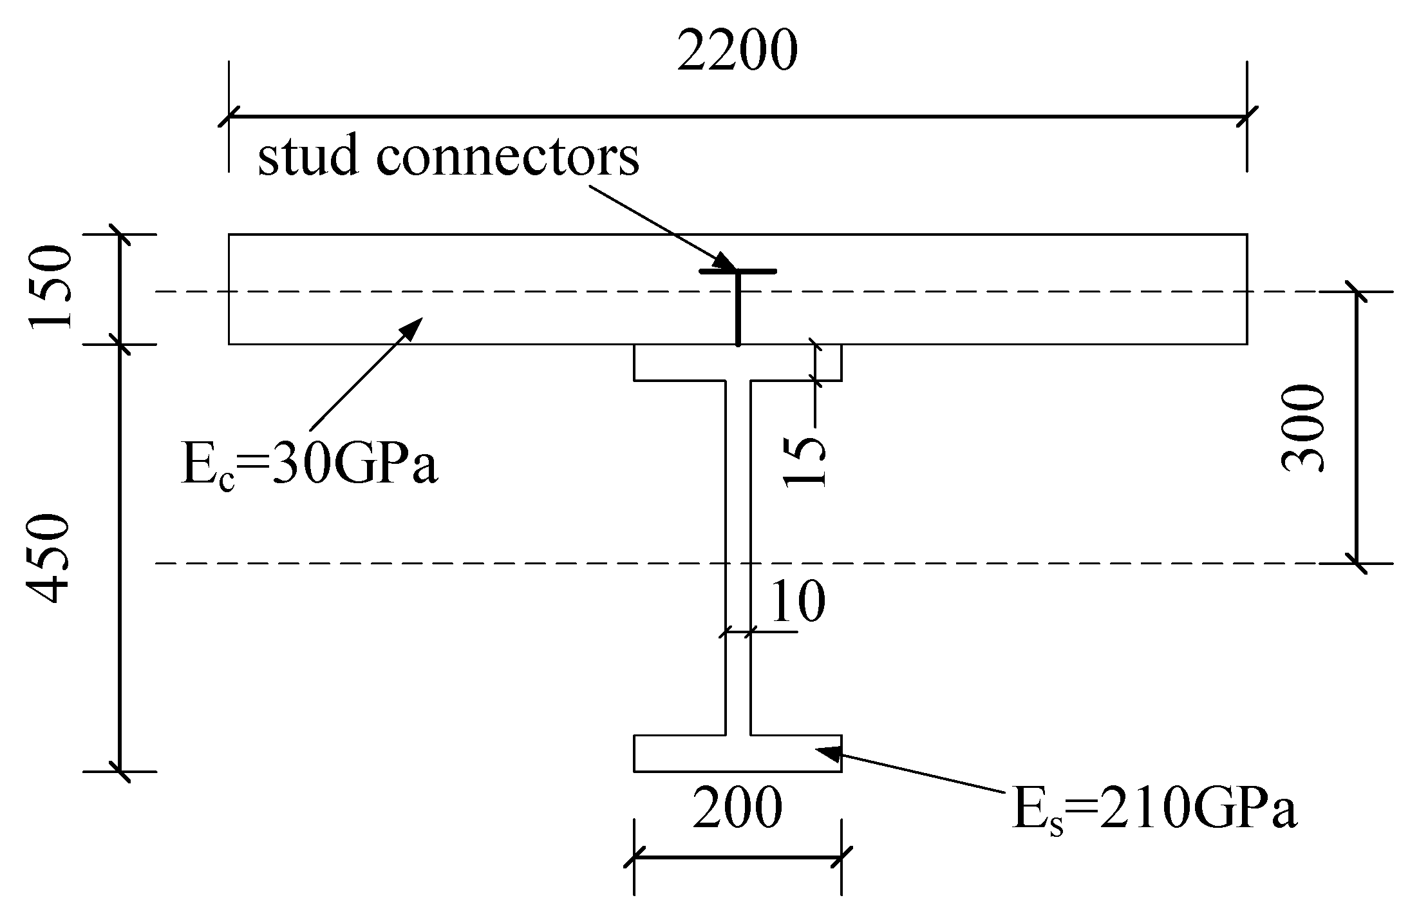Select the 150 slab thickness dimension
tap(49, 287)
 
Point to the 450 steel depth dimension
tap(48, 559)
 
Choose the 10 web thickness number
tap(796, 602)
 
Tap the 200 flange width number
tap(737, 808)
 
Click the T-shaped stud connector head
tap(738, 271)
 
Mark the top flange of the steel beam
tap(737, 362)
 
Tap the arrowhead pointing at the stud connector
tap(726, 262)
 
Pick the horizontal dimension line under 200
tap(737, 857)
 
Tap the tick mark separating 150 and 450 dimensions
tap(120, 344)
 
